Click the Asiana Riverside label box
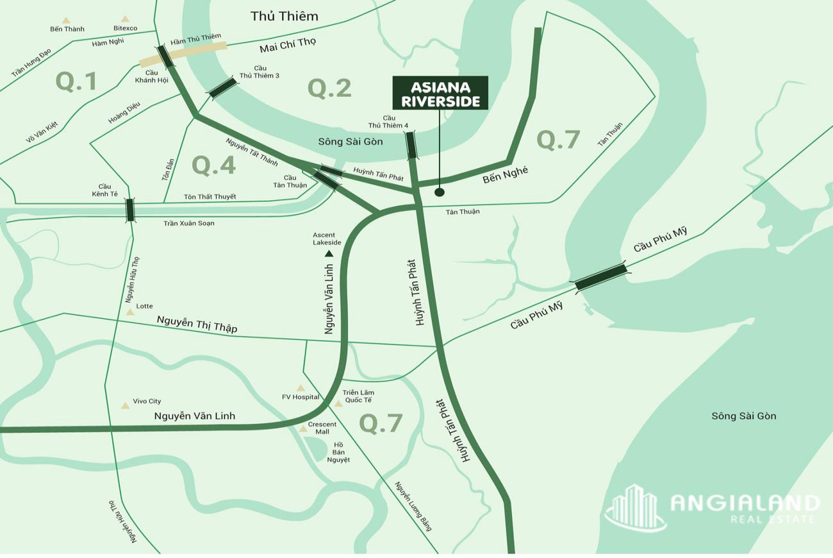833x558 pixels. click(x=440, y=93)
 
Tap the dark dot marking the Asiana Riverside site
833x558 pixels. click(x=440, y=192)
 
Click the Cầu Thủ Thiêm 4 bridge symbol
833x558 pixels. click(x=411, y=146)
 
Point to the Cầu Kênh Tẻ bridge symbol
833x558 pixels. click(x=130, y=210)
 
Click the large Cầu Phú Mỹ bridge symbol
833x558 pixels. click(x=601, y=278)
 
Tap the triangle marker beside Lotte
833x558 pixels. click(x=130, y=312)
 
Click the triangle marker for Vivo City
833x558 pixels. click(x=125, y=405)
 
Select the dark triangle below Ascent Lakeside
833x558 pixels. click(x=329, y=254)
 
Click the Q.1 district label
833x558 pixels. click(x=76, y=81)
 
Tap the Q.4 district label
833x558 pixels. click(x=214, y=165)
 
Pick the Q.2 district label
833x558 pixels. click(x=329, y=88)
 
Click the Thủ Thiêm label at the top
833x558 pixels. click(x=284, y=16)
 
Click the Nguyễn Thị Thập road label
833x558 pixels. click(x=197, y=325)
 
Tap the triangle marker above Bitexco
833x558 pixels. click(x=125, y=19)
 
